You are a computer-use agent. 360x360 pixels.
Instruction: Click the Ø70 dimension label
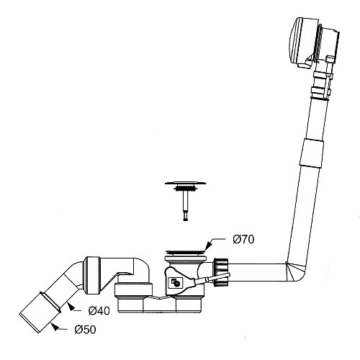coord(243,239)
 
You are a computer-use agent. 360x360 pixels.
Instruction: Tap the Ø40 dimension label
coord(99,311)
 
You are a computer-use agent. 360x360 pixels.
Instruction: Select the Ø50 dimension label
coord(85,330)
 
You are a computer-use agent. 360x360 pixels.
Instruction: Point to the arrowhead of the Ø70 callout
coord(208,246)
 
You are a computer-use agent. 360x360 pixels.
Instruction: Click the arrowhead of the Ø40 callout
coord(70,307)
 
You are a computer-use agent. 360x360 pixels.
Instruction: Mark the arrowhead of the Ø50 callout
coord(55,326)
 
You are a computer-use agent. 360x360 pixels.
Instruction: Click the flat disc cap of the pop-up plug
coord(185,184)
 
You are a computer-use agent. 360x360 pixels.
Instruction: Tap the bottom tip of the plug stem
coord(185,220)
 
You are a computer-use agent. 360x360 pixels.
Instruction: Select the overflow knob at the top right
coord(302,42)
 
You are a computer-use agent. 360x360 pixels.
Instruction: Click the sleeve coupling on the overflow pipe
coord(312,153)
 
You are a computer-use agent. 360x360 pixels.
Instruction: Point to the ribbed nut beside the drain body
coord(220,272)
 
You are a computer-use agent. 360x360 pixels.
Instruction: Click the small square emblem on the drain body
coord(175,282)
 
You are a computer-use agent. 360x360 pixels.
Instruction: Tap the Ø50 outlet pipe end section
coord(40,312)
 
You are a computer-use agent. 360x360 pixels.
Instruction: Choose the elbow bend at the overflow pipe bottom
coord(296,272)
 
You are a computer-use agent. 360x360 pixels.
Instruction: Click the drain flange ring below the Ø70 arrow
coord(185,252)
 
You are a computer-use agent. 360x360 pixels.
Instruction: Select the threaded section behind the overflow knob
coord(319,43)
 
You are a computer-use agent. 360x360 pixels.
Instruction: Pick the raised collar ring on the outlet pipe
coord(51,302)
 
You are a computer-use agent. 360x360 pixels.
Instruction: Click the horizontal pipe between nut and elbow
coord(258,272)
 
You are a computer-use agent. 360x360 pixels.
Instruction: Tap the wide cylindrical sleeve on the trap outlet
coord(92,276)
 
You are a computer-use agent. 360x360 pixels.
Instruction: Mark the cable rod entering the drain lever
coord(212,279)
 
